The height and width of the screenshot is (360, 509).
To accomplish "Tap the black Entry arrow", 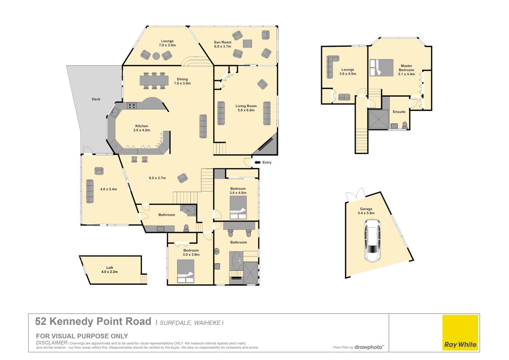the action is [x=257, y=162].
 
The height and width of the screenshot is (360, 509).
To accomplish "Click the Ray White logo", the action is [x=460, y=333].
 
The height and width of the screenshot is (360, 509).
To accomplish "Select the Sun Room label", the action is [x=223, y=42].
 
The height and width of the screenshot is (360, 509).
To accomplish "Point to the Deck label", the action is [x=96, y=99].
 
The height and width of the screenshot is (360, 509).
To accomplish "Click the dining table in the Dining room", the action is [x=154, y=80].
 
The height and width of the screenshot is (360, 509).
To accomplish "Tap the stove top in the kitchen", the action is [x=132, y=106].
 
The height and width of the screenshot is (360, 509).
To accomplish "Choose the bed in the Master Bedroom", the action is [x=381, y=67].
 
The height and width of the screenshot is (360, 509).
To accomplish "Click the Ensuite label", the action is [x=399, y=112].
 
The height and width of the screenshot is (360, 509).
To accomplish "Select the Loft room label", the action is [x=110, y=268].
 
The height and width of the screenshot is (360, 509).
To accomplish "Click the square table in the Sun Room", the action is [x=248, y=44].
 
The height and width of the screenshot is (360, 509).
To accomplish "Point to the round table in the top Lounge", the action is [x=156, y=56].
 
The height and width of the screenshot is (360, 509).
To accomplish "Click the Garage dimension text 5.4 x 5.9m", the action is [x=366, y=213].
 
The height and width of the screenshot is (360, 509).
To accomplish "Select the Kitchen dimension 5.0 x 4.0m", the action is [x=142, y=130].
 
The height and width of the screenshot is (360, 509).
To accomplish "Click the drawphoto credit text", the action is [x=369, y=347].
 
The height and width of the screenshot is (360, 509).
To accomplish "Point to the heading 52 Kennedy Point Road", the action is [x=93, y=322].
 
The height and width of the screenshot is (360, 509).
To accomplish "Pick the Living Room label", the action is [x=246, y=106].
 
